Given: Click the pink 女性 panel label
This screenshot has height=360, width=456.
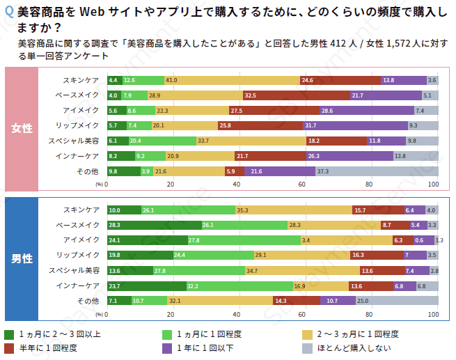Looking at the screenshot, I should [x=22, y=129].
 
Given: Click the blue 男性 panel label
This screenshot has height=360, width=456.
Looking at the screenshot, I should [x=22, y=258].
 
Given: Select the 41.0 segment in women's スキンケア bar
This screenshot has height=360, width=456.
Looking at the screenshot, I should [x=232, y=80].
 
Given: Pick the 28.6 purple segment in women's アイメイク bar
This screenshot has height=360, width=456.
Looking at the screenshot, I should [x=366, y=110].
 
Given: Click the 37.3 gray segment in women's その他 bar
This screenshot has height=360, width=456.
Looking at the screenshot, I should [x=377, y=171].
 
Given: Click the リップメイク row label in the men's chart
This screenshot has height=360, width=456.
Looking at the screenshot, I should [x=78, y=255].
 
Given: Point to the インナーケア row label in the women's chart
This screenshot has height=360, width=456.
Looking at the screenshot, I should [x=78, y=155].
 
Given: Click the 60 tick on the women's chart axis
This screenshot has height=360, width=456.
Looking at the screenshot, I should [x=302, y=185].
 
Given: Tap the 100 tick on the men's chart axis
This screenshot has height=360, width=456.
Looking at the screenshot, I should [x=432, y=315].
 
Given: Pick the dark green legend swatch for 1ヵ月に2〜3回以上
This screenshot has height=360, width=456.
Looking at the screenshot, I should [x=9, y=334].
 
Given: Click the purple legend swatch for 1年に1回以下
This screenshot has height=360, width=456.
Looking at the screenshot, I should [x=167, y=347].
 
